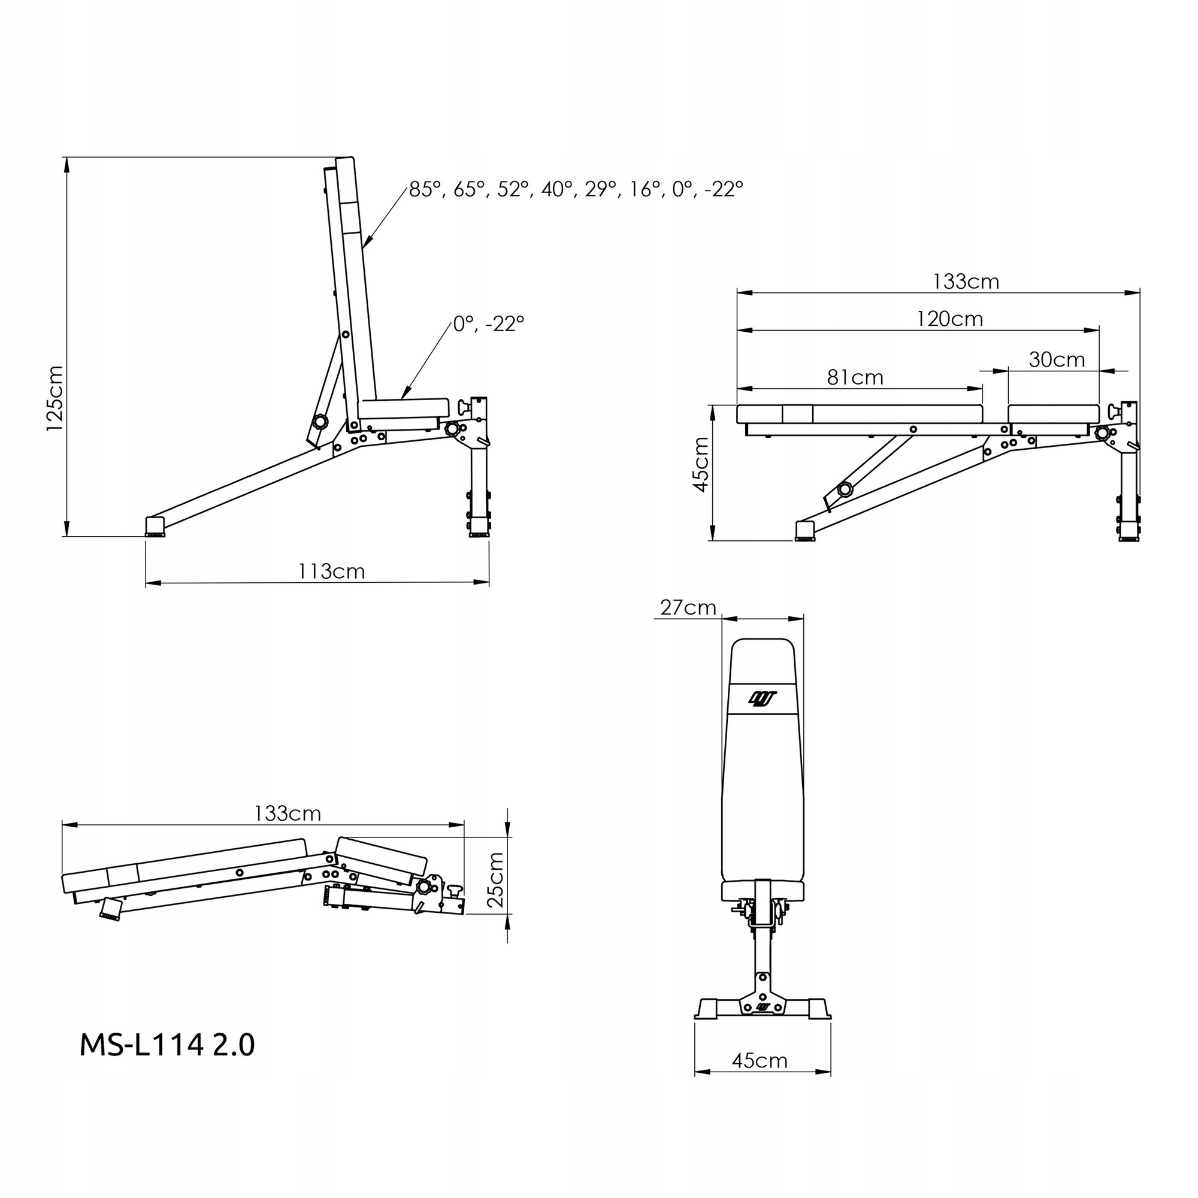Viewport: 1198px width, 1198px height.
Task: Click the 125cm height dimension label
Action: [55, 399]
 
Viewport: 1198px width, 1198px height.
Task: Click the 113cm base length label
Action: [331, 571]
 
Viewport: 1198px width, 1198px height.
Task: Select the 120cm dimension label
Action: [949, 319]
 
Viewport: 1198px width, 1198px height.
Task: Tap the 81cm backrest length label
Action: [855, 377]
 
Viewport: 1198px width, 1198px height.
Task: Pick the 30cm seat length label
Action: [1057, 359]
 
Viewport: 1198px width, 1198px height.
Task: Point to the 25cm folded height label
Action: [496, 880]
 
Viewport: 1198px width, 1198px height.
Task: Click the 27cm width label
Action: [688, 607]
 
